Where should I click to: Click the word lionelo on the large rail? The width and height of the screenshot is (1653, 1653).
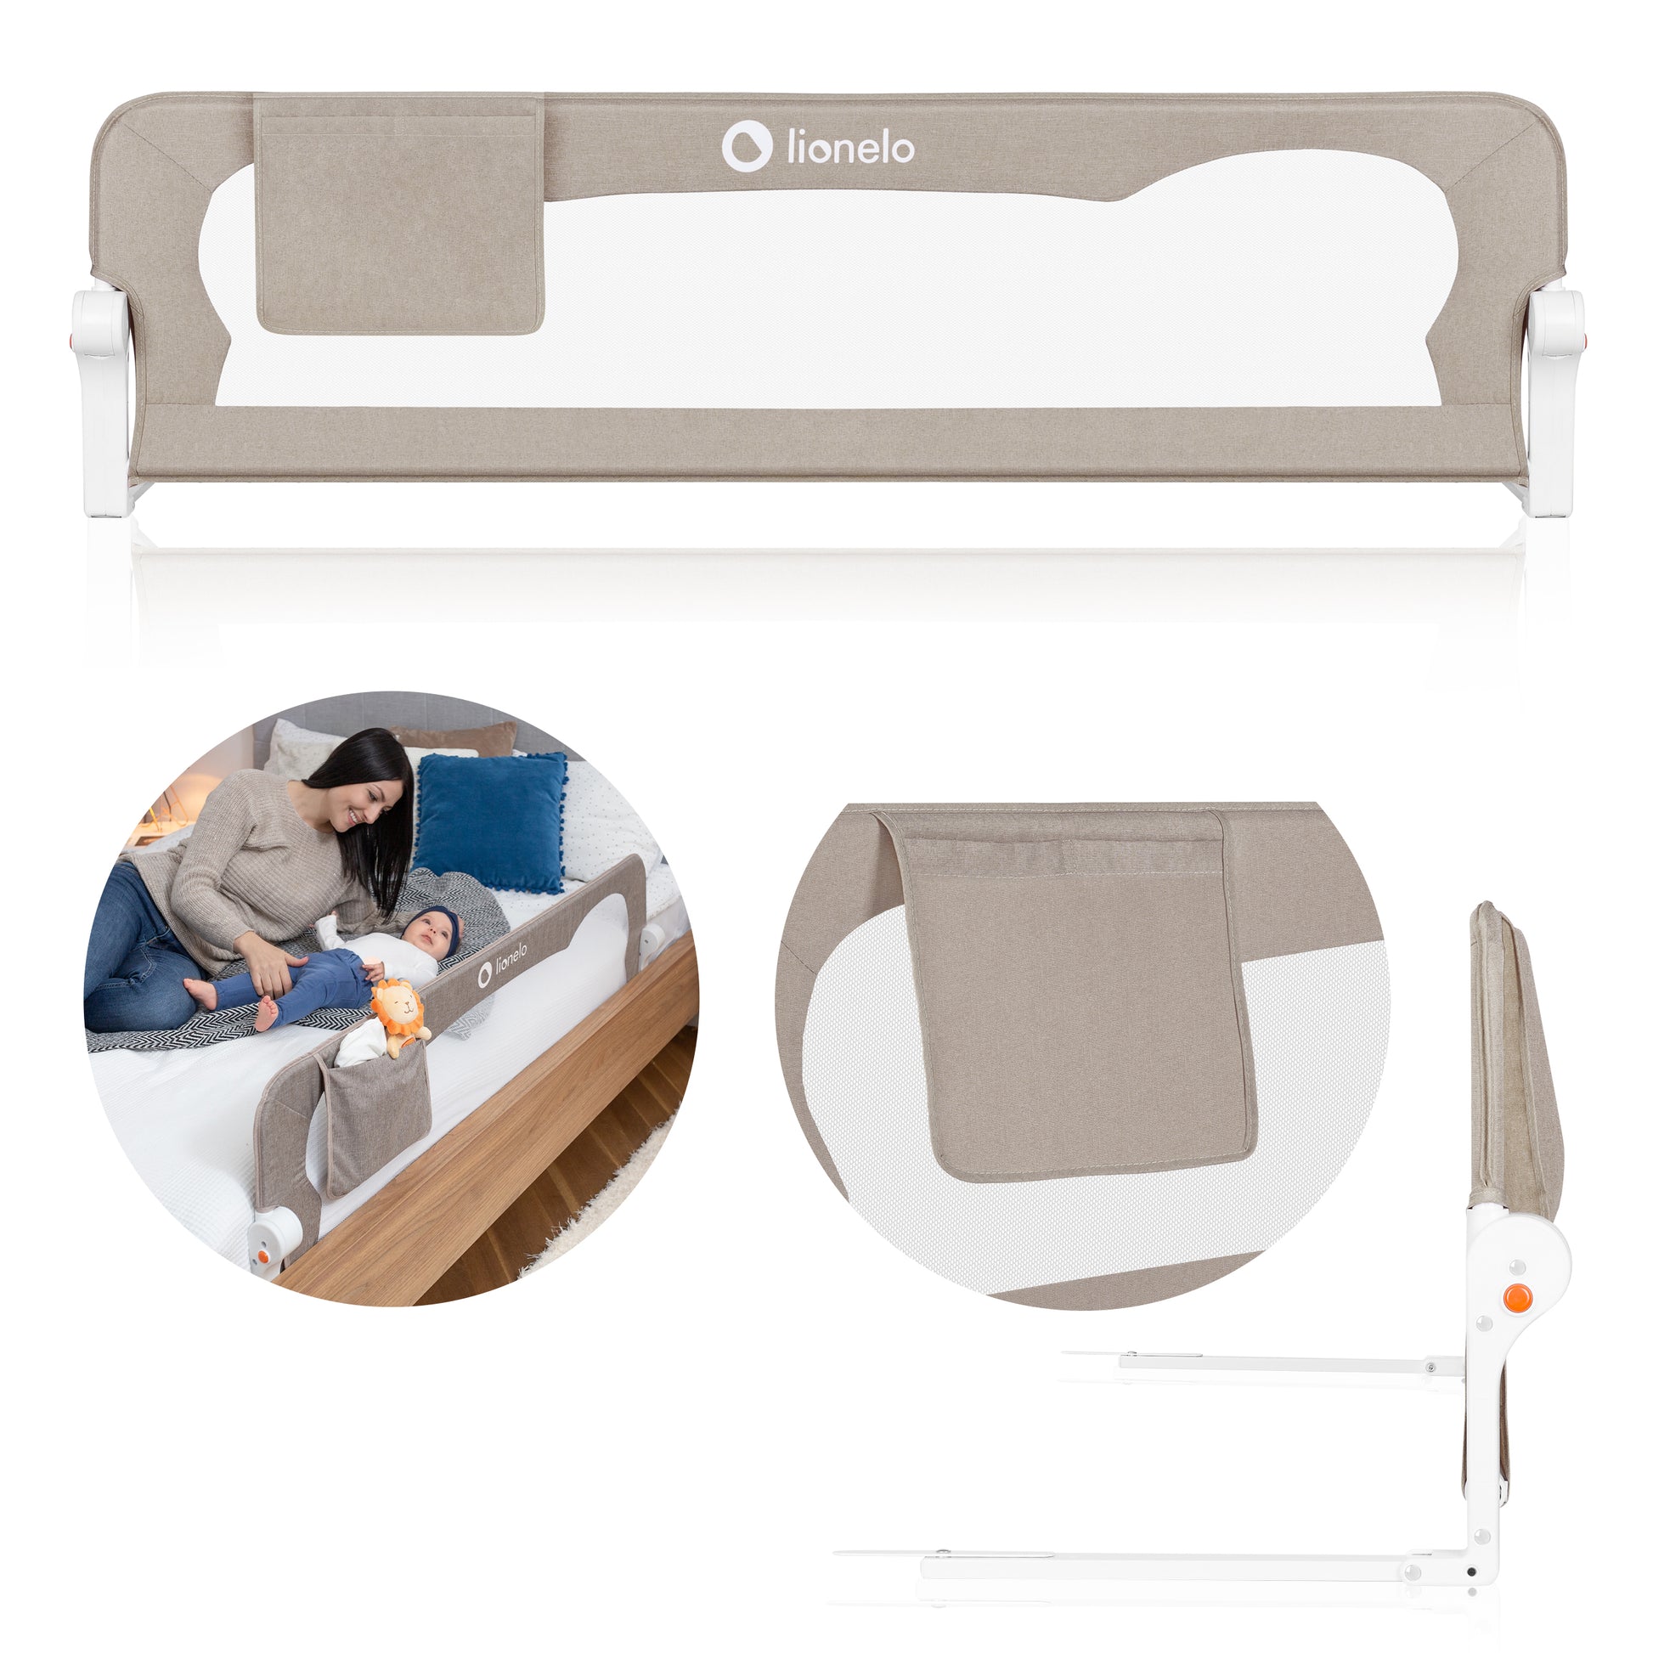pyautogui.click(x=850, y=149)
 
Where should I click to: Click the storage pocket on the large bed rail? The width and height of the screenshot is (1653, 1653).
pyautogui.click(x=399, y=215)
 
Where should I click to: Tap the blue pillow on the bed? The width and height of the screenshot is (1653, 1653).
pyautogui.click(x=492, y=821)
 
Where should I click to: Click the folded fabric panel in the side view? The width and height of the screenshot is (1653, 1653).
pyautogui.click(x=1514, y=1061)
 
